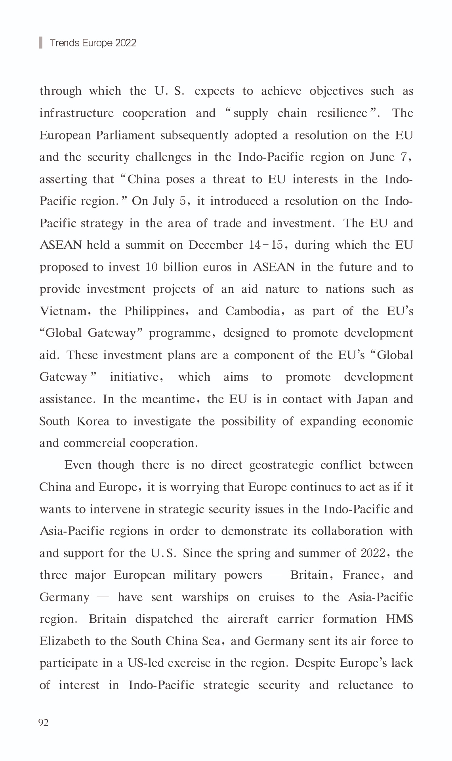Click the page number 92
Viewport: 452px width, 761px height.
44,723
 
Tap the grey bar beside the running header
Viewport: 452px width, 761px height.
40,42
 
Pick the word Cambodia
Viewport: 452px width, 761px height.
253,311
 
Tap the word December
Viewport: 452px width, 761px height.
216,245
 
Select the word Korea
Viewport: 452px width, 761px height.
93,421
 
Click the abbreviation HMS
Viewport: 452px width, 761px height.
399,619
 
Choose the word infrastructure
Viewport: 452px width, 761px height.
76,113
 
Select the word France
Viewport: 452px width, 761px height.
359,575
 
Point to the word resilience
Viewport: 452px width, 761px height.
342,113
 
